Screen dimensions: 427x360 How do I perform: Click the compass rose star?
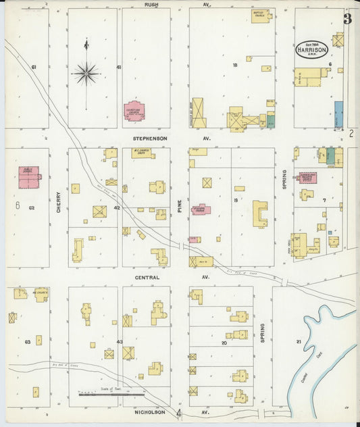[x=86, y=72]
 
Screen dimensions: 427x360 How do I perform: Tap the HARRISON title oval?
[x=312, y=48]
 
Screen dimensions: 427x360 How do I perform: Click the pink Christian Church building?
[x=134, y=111]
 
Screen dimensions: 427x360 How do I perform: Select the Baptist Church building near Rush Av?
[x=261, y=16]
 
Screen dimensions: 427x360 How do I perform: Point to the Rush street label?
[x=151, y=5]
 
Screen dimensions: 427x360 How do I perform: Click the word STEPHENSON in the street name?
[x=149, y=138]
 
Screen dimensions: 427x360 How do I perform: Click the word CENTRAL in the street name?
[x=147, y=277]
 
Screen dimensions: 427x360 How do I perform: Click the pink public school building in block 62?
[x=28, y=175]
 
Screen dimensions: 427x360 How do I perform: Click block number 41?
[x=118, y=67]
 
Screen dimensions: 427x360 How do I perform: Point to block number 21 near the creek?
[x=299, y=342]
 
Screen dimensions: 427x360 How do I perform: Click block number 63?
[x=28, y=342]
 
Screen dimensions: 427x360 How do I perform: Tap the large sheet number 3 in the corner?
[x=347, y=19]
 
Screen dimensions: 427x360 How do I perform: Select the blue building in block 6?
[x=338, y=114]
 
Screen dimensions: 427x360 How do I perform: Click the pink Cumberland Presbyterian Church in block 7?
[x=308, y=178]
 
